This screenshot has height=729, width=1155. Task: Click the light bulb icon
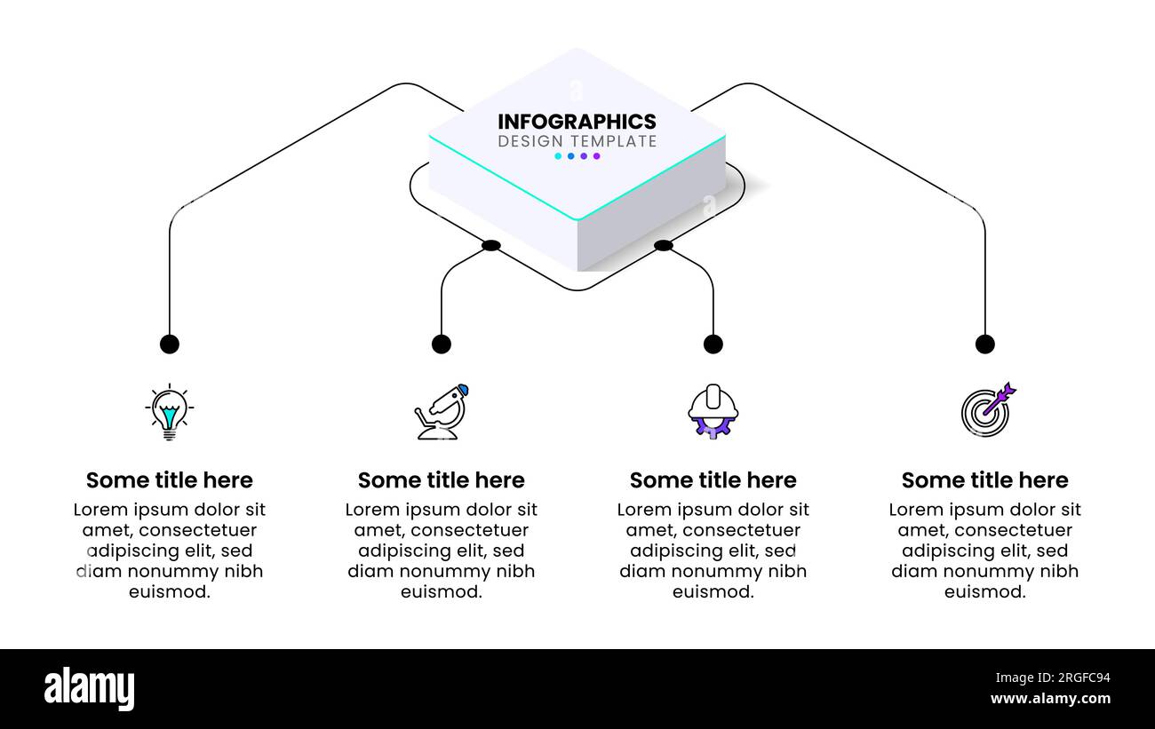169,412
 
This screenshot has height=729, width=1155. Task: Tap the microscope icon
442,412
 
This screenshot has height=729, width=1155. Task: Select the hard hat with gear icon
713,411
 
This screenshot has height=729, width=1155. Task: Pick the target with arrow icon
986,411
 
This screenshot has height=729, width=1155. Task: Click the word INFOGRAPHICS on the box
577,122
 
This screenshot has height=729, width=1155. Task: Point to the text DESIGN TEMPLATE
577,141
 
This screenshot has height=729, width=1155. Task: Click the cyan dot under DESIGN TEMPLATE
558,156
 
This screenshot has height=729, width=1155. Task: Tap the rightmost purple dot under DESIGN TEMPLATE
597,156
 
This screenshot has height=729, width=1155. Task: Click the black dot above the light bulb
170,344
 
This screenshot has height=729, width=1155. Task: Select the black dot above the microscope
442,344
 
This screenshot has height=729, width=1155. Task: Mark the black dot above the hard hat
713,344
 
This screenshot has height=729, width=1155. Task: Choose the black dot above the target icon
984,344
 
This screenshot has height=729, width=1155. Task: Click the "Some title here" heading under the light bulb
170,480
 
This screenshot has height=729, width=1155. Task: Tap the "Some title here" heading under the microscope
442,480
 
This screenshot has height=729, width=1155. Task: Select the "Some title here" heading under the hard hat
713,480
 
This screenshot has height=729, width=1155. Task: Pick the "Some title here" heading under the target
985,480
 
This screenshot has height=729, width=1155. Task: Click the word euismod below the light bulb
170,592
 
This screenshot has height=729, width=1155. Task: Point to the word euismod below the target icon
985,592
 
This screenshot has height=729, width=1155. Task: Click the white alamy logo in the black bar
90,689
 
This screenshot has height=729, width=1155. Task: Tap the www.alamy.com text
1050,699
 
